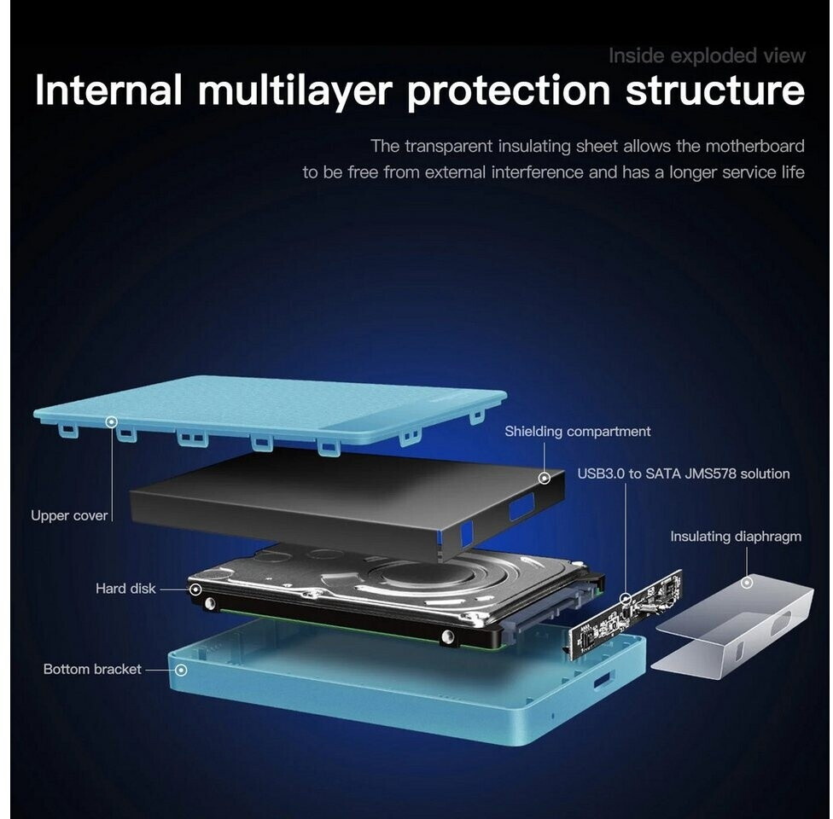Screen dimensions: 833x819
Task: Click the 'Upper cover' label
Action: click(x=69, y=515)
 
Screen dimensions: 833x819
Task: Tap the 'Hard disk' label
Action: click(x=125, y=589)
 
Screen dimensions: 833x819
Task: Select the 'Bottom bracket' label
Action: click(x=92, y=670)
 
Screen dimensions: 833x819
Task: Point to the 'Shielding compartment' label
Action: click(x=577, y=432)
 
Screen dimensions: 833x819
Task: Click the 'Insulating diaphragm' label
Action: click(x=735, y=537)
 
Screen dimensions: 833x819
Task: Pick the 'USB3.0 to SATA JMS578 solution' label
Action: click(x=683, y=473)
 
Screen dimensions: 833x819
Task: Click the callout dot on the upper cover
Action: click(x=111, y=421)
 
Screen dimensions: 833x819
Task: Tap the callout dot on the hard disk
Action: click(x=195, y=589)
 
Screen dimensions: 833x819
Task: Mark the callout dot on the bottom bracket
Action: click(x=180, y=670)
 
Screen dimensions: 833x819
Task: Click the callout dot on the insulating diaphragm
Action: click(x=747, y=583)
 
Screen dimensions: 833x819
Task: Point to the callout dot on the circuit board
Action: click(x=626, y=598)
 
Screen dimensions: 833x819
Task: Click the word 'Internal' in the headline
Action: click(x=108, y=90)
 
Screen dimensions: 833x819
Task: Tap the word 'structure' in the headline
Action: click(x=714, y=90)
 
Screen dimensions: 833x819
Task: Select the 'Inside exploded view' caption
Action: click(x=706, y=56)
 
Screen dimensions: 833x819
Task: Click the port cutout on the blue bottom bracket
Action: click(x=602, y=679)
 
